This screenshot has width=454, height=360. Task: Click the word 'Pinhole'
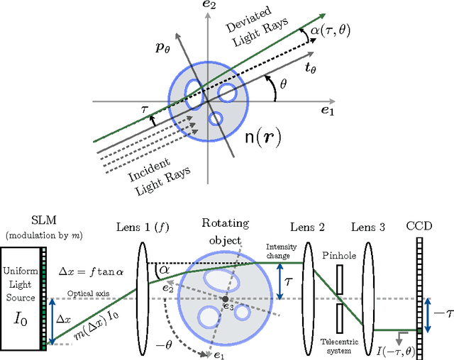[338, 254]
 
